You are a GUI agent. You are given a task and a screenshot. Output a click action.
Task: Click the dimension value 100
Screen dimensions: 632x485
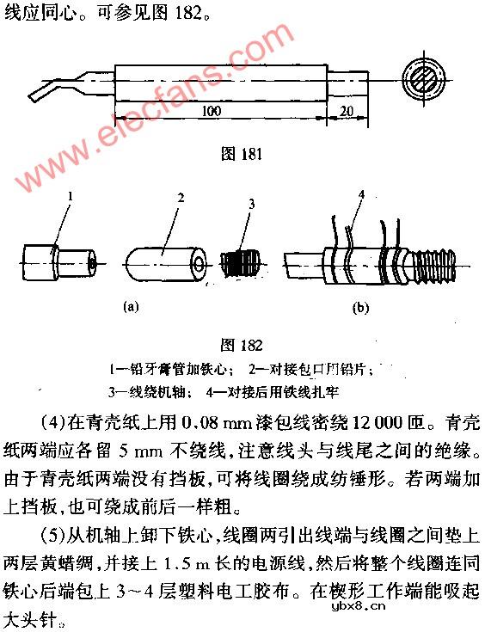click(212, 112)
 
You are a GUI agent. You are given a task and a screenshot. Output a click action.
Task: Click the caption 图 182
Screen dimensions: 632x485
click(242, 345)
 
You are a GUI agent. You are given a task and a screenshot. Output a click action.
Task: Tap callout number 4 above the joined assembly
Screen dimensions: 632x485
click(362, 195)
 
